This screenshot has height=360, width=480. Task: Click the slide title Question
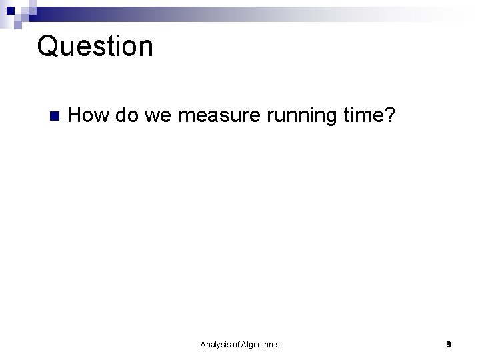pyautogui.click(x=95, y=47)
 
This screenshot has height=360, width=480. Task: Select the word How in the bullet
pyautogui.click(x=89, y=115)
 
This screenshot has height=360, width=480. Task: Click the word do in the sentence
pyautogui.click(x=127, y=115)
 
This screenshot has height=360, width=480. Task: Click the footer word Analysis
pyautogui.click(x=215, y=345)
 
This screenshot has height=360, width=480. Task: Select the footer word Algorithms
pyautogui.click(x=261, y=345)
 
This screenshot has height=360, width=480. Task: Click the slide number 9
pyautogui.click(x=449, y=345)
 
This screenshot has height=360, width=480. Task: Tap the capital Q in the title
pyautogui.click(x=47, y=47)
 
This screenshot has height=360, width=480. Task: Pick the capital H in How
pyautogui.click(x=75, y=115)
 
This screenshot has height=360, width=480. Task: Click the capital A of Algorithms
pyautogui.click(x=244, y=345)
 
